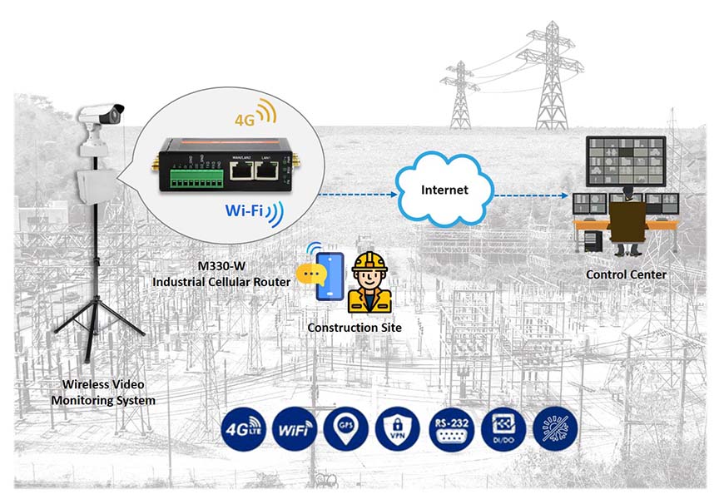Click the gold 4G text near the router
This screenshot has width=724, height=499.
[x=245, y=120]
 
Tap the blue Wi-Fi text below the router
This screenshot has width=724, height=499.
[x=245, y=210]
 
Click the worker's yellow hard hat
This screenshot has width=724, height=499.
[x=369, y=260]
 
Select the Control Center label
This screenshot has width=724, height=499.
[x=626, y=274]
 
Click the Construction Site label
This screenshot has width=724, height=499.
[x=355, y=327]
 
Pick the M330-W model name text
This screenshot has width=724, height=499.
[x=221, y=266]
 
